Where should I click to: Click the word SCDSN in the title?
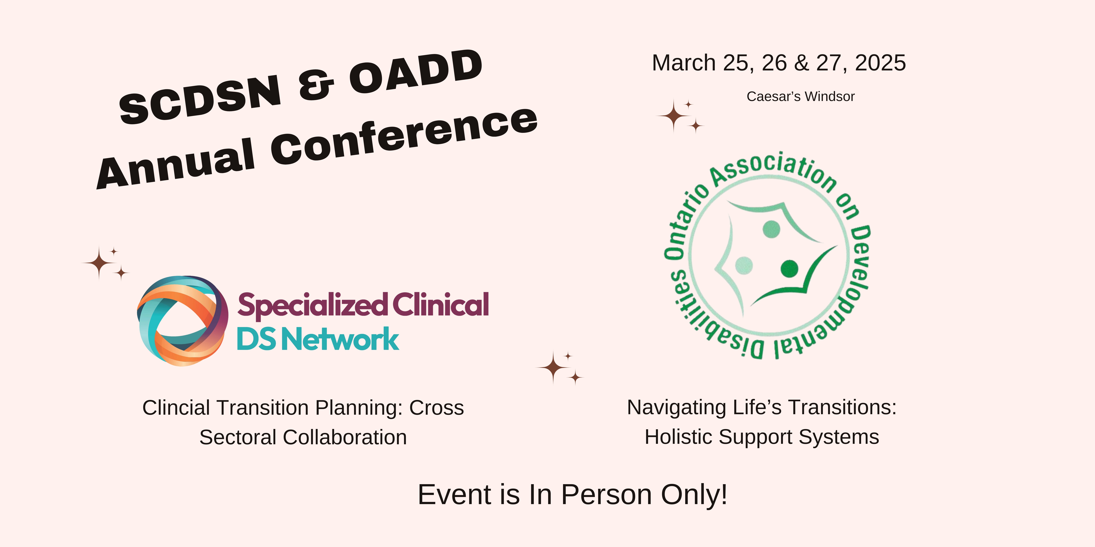click(x=200, y=99)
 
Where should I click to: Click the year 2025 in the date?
click(x=880, y=63)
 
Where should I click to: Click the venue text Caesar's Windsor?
click(x=800, y=96)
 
